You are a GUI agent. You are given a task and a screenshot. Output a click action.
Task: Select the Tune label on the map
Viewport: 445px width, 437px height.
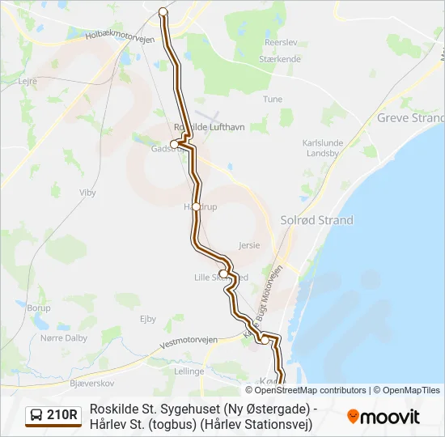pos(273,99)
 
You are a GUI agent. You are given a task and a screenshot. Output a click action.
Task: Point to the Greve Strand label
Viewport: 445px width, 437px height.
pos(411,118)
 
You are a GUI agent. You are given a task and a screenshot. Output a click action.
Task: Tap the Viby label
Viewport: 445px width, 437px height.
pos(87,193)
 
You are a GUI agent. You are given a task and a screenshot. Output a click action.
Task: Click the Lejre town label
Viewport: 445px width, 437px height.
pos(28,81)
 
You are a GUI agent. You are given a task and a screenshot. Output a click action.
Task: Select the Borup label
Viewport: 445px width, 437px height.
pos(38,308)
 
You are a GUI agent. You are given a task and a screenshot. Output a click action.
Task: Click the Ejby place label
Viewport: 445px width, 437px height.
pos(148,319)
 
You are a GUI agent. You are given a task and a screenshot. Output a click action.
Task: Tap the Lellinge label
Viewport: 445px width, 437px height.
pos(189,371)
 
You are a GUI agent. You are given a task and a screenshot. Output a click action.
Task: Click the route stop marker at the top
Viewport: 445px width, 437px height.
pos(163,11)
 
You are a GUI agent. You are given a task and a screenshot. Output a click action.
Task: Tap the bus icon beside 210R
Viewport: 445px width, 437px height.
pos(37,416)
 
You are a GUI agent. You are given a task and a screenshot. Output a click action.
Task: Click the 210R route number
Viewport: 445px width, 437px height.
pos(62,416)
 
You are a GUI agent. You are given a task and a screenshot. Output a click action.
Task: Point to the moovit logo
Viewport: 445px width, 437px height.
pos(384,417)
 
